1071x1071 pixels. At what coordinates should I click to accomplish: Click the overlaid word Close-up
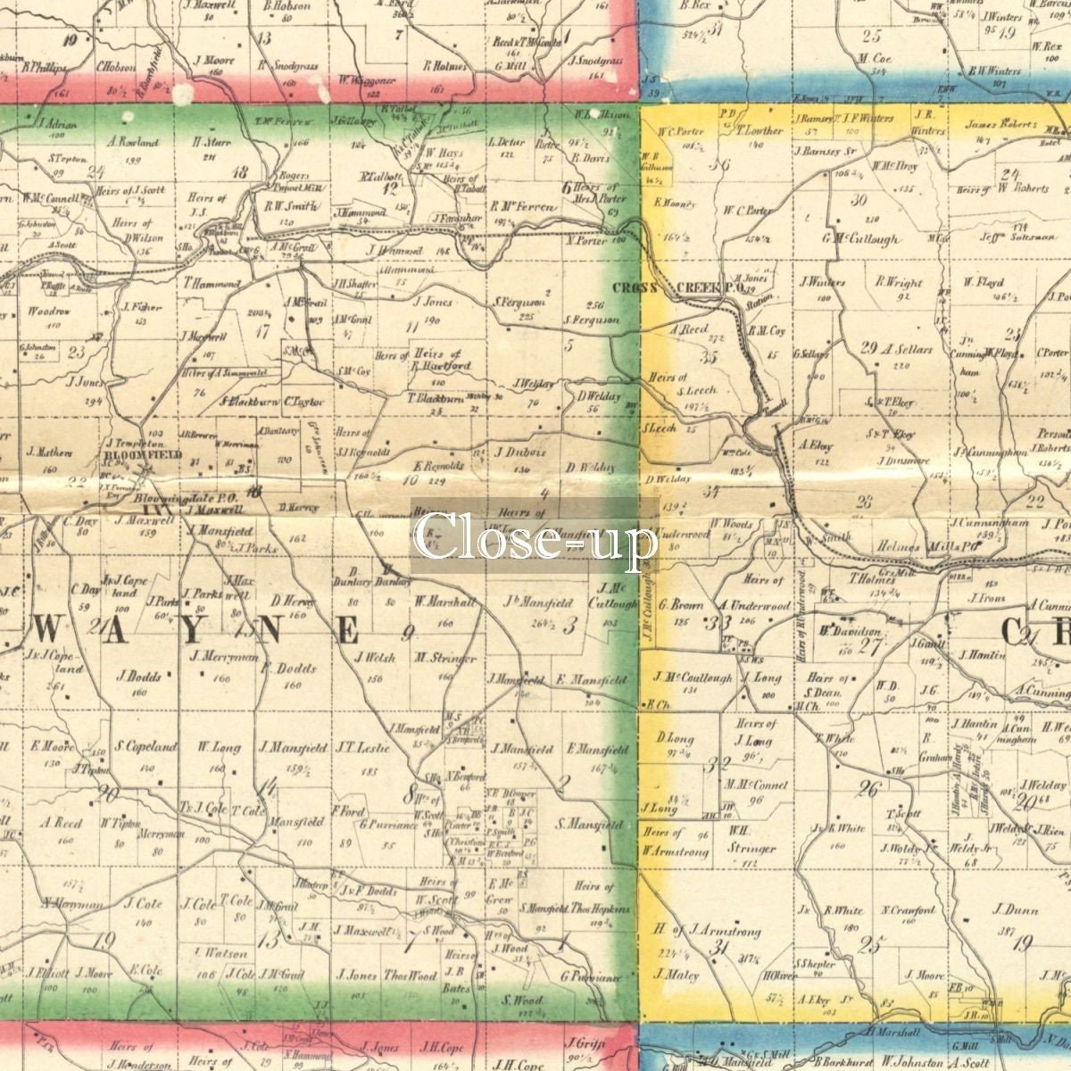click(535, 535)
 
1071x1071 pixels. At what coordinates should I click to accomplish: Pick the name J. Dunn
click(1015, 910)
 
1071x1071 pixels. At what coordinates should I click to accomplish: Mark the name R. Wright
click(898, 282)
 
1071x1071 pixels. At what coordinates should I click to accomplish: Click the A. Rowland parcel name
click(132, 141)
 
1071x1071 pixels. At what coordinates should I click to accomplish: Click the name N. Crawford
click(909, 910)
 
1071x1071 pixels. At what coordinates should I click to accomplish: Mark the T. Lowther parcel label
click(759, 130)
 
